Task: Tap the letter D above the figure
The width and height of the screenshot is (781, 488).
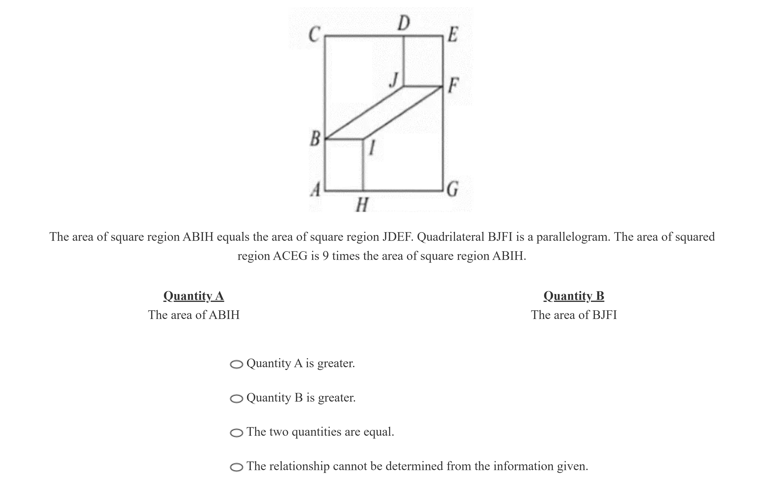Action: [x=403, y=23]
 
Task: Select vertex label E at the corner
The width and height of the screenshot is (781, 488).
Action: [x=452, y=35]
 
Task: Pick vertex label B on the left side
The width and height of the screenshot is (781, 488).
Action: [x=315, y=139]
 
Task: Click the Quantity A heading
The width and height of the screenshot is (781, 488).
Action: [x=194, y=296]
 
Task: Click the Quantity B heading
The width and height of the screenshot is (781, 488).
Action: [x=574, y=296]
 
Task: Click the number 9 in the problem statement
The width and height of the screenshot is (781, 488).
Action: [x=325, y=256]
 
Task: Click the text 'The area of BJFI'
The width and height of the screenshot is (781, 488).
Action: [x=574, y=315]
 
